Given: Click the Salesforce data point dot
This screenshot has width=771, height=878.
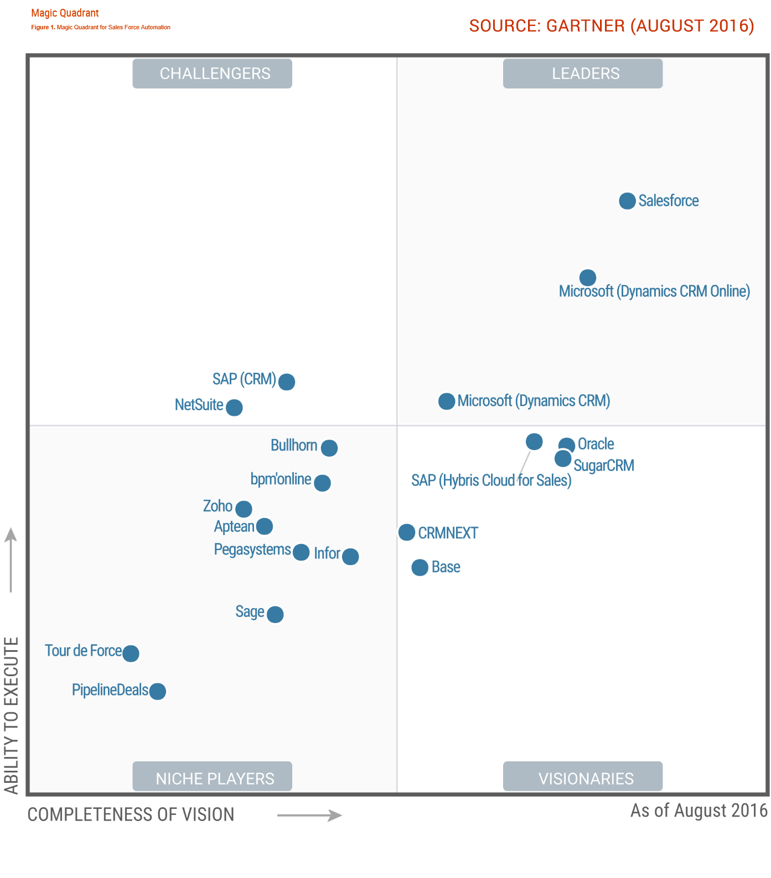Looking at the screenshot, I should (627, 201).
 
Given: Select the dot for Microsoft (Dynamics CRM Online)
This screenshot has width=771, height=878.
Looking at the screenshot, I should (588, 278).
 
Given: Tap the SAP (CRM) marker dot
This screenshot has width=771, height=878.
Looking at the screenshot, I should (287, 381).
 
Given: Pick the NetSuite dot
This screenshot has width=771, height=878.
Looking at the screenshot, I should (234, 407).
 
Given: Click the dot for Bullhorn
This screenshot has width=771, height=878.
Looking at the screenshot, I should (329, 448).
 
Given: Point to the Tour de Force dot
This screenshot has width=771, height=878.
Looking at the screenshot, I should (131, 654).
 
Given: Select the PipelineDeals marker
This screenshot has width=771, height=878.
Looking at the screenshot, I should (158, 691).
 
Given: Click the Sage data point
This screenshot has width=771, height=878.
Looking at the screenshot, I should (275, 614).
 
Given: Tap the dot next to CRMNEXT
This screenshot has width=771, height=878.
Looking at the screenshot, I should (407, 532).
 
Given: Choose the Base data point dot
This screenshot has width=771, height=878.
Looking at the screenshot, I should (420, 567).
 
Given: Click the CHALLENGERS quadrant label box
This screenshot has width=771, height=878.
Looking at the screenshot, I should (212, 74).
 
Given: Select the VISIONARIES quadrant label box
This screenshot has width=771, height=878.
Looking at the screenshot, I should (583, 777).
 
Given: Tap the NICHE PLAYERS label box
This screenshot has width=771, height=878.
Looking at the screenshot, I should (212, 777).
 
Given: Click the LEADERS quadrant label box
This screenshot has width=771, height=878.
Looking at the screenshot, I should (583, 74).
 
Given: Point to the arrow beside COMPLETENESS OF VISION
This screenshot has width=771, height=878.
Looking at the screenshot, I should (309, 815).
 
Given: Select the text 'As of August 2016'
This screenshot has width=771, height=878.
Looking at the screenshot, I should (698, 811).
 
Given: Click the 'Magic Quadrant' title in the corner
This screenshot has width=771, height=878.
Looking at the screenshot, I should (65, 13).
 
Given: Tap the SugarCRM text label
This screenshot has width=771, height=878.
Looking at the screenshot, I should (604, 466).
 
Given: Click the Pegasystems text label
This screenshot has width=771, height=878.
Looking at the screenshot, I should (252, 550).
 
